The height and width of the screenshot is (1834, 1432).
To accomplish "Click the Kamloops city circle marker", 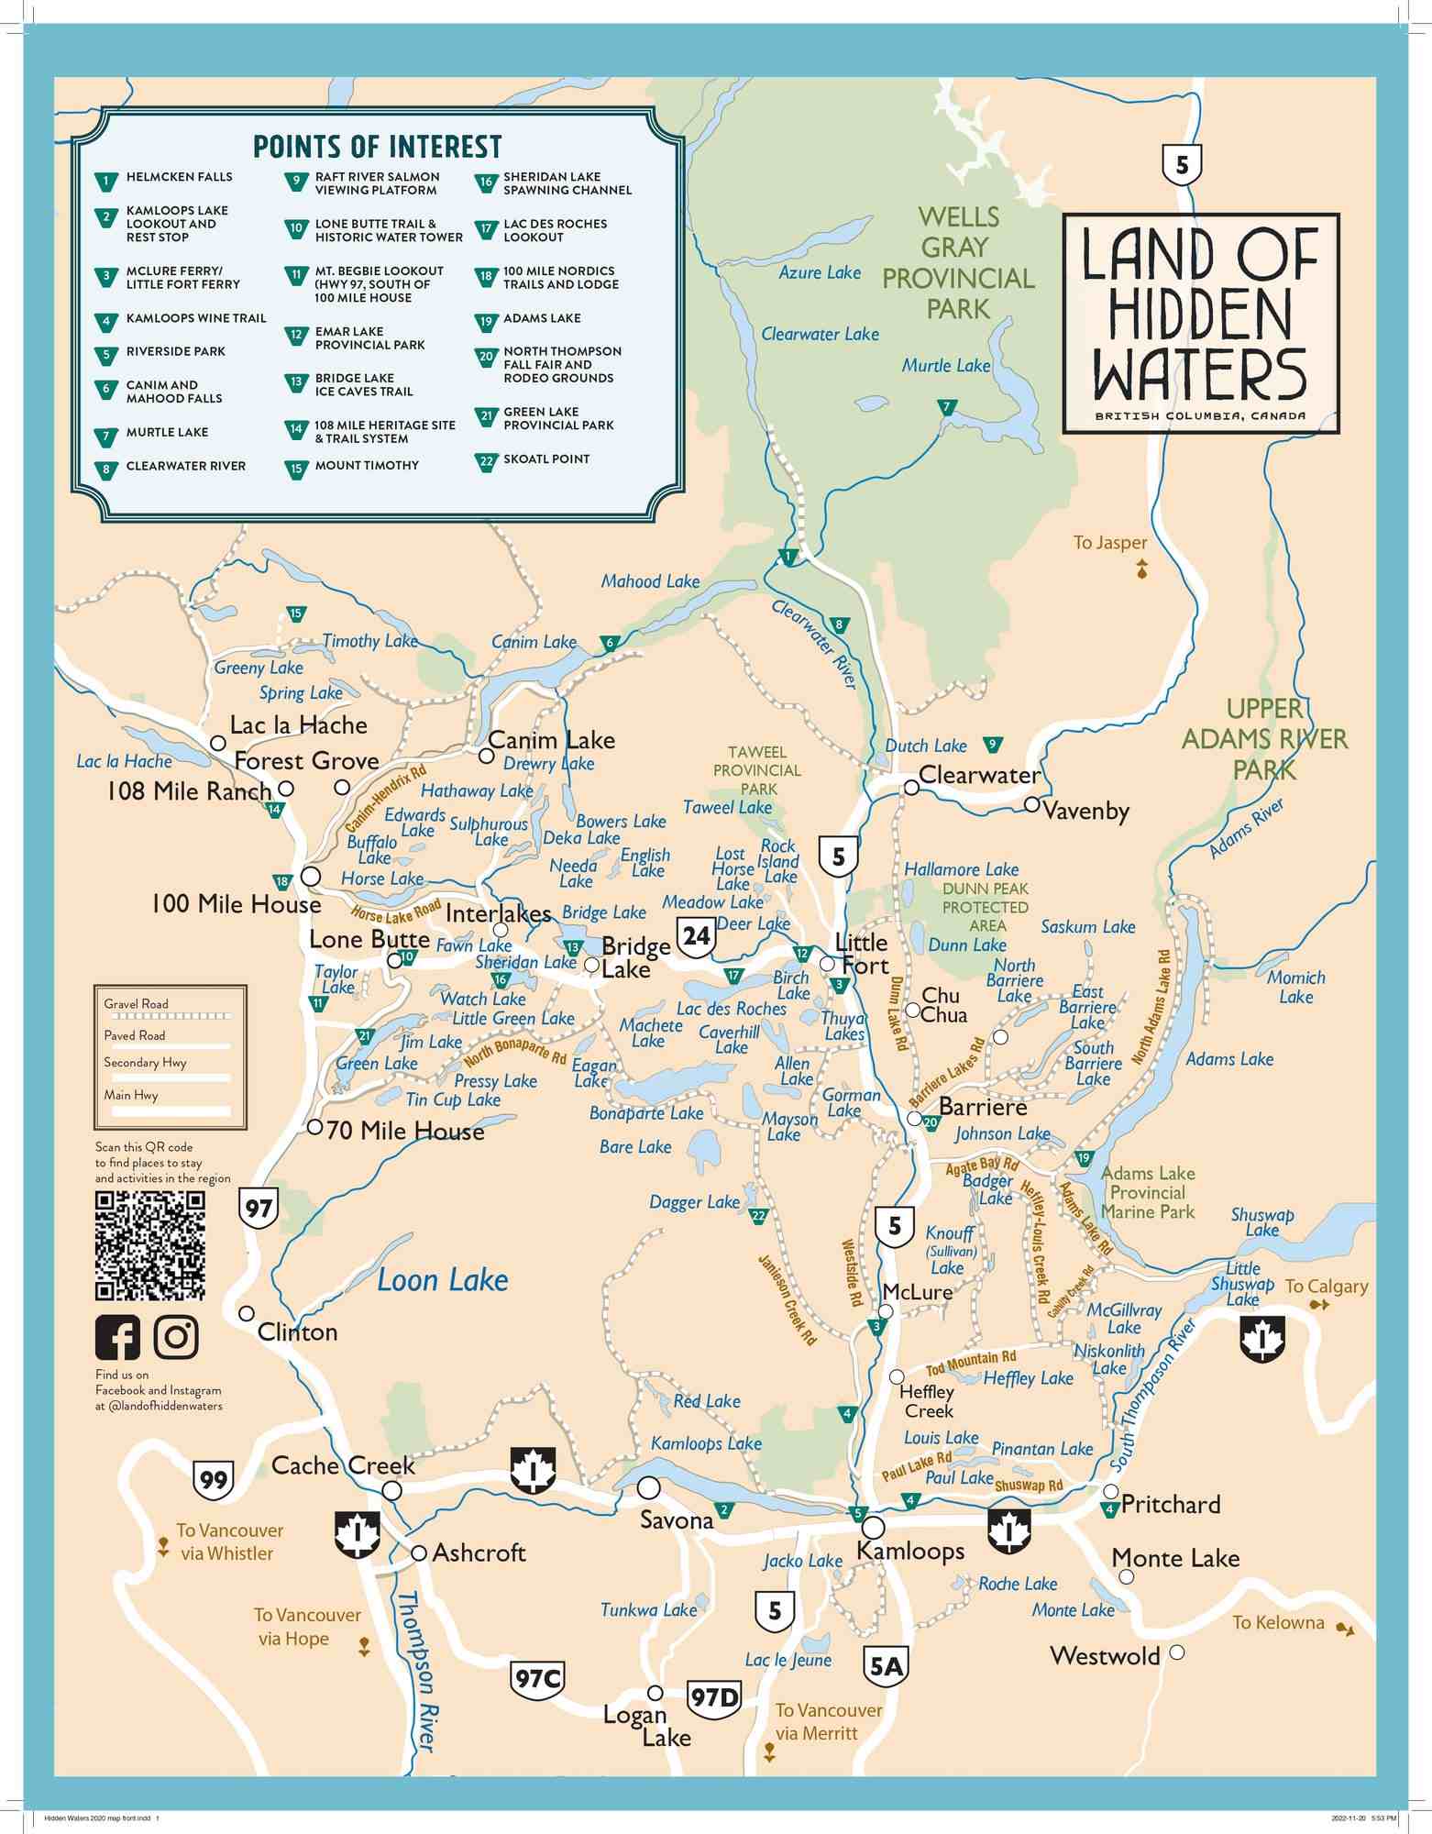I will coord(873,1528).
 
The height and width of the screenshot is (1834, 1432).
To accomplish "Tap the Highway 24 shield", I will coord(696,936).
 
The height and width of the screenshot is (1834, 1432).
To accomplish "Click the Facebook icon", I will coord(117,1337).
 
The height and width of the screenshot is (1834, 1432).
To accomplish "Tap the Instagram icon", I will coord(176,1337).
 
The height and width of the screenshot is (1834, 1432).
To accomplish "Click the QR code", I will coord(150,1245).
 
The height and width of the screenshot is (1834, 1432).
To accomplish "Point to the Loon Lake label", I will coord(442,1280).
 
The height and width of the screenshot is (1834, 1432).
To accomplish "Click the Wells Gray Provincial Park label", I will coord(957,263).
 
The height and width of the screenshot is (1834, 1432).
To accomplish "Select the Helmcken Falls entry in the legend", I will coord(179,177).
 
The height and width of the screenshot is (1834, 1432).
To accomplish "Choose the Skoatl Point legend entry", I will coord(545,459).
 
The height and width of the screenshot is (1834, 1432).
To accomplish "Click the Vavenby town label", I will coord(1085,812).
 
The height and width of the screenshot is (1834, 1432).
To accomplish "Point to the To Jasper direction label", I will coord(1110,543).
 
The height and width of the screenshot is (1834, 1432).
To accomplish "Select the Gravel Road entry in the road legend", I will coord(136,1004).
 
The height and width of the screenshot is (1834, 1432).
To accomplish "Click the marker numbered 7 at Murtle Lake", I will coord(948,406).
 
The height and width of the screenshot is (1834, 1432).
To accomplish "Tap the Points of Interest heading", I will coord(377,147).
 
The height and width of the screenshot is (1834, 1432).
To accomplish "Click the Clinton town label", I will coord(297,1332).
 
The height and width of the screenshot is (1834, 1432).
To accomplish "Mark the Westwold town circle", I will coord(1177,1652).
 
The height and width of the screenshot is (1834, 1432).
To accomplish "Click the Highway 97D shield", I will coord(714,1698).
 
